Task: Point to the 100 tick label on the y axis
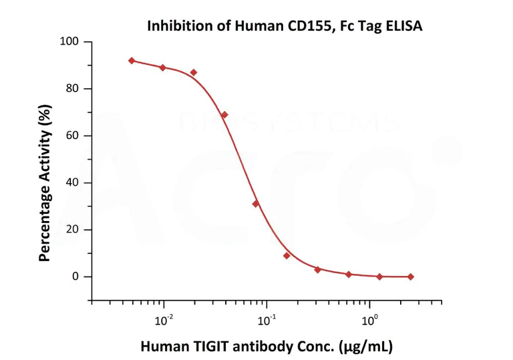coord(70,42)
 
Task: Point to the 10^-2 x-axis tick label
coord(163,319)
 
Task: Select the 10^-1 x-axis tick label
coord(266,319)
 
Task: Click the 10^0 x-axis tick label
coord(368,319)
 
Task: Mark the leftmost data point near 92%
coord(132,61)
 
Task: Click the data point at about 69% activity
coord(224,115)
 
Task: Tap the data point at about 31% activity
coord(255,204)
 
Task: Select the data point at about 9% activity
coord(287,255)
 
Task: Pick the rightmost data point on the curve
coord(410,277)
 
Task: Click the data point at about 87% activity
coord(194,72)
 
